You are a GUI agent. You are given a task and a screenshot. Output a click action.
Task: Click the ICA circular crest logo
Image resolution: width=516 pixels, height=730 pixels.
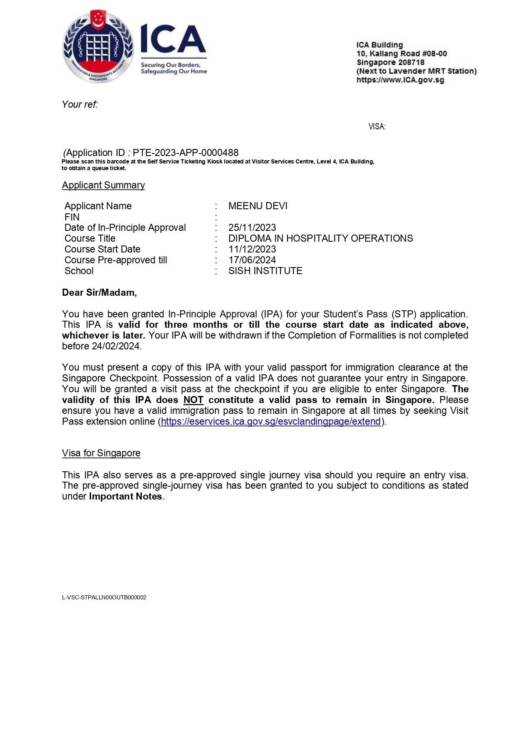(x=98, y=46)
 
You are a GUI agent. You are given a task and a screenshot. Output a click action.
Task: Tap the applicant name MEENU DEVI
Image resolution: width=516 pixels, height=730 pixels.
(x=258, y=206)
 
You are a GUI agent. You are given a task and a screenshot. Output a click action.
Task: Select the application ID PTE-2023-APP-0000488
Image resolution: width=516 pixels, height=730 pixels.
(x=186, y=153)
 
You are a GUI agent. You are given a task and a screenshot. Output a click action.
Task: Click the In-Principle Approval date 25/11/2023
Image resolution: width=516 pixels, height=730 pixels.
(x=252, y=228)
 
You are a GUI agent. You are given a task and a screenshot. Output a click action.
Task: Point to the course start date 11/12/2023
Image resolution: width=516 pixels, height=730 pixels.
(x=252, y=249)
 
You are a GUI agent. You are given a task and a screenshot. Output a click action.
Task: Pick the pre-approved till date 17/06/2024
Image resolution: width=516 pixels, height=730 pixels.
(x=252, y=260)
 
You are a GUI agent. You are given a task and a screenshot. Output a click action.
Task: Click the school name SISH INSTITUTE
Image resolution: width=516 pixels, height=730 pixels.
(x=265, y=271)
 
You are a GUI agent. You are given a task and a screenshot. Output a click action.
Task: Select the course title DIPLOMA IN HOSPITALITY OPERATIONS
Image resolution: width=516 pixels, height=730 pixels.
(x=320, y=238)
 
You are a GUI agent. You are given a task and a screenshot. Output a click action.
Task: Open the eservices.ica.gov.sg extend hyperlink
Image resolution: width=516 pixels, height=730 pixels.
(x=271, y=421)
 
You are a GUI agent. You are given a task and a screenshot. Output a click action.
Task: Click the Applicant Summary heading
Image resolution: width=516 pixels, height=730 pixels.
(x=103, y=185)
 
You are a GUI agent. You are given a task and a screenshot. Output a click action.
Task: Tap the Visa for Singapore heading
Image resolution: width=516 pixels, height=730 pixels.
(x=101, y=453)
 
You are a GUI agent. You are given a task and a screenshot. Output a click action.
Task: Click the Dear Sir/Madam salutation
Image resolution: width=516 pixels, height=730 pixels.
(x=99, y=292)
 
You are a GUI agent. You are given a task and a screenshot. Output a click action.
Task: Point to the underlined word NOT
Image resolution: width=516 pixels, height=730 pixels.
(x=193, y=400)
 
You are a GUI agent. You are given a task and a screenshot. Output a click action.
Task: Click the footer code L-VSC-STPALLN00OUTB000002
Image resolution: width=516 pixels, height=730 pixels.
(x=104, y=597)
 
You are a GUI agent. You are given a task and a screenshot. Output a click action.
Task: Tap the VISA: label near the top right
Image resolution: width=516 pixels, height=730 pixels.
(x=377, y=126)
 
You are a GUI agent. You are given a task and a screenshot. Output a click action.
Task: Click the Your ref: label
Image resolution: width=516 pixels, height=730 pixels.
(x=80, y=104)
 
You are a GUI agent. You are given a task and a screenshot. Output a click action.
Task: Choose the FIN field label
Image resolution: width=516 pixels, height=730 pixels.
(x=72, y=217)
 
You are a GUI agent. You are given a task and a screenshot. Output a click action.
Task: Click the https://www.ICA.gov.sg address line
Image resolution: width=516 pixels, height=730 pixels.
(x=400, y=80)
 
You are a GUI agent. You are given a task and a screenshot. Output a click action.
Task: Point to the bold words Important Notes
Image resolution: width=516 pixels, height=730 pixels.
(x=125, y=496)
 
